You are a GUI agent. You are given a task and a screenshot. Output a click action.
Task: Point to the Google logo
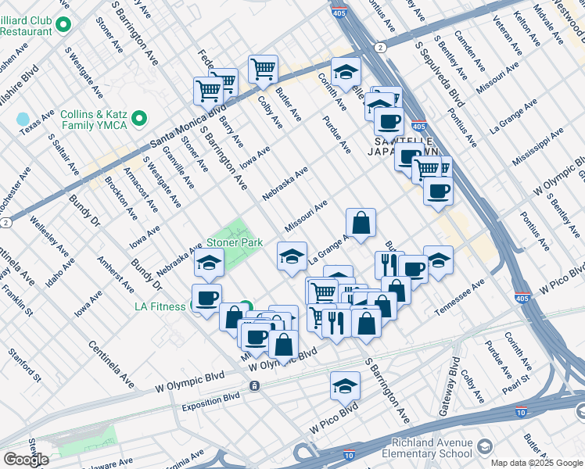[x=26, y=460]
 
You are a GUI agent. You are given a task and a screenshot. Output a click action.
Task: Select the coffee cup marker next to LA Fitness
[x=207, y=298]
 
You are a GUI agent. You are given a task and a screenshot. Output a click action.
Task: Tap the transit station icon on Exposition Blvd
[x=254, y=386]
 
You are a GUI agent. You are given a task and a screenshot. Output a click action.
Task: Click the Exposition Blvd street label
[x=211, y=403]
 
